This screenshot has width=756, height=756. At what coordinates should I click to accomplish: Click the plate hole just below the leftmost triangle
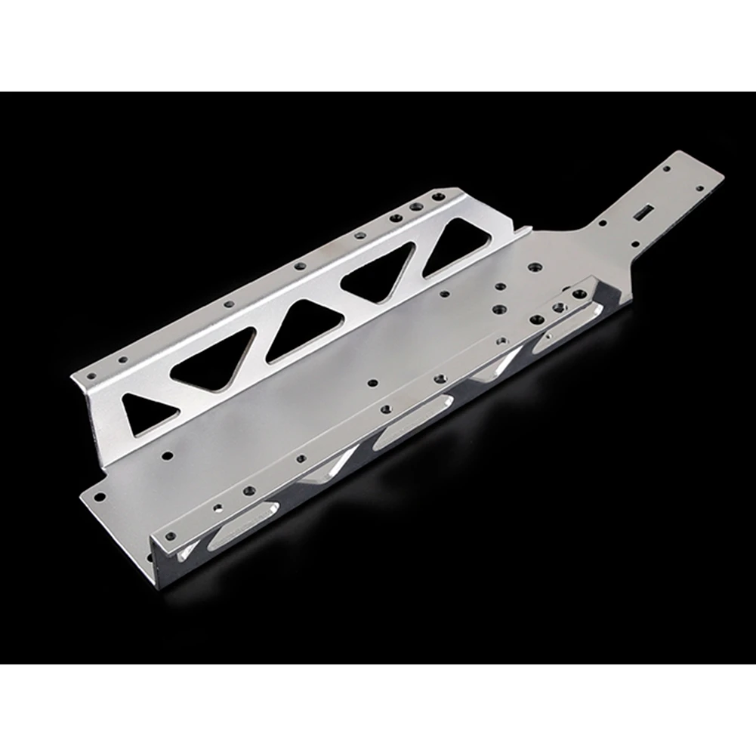tap(166, 455)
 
